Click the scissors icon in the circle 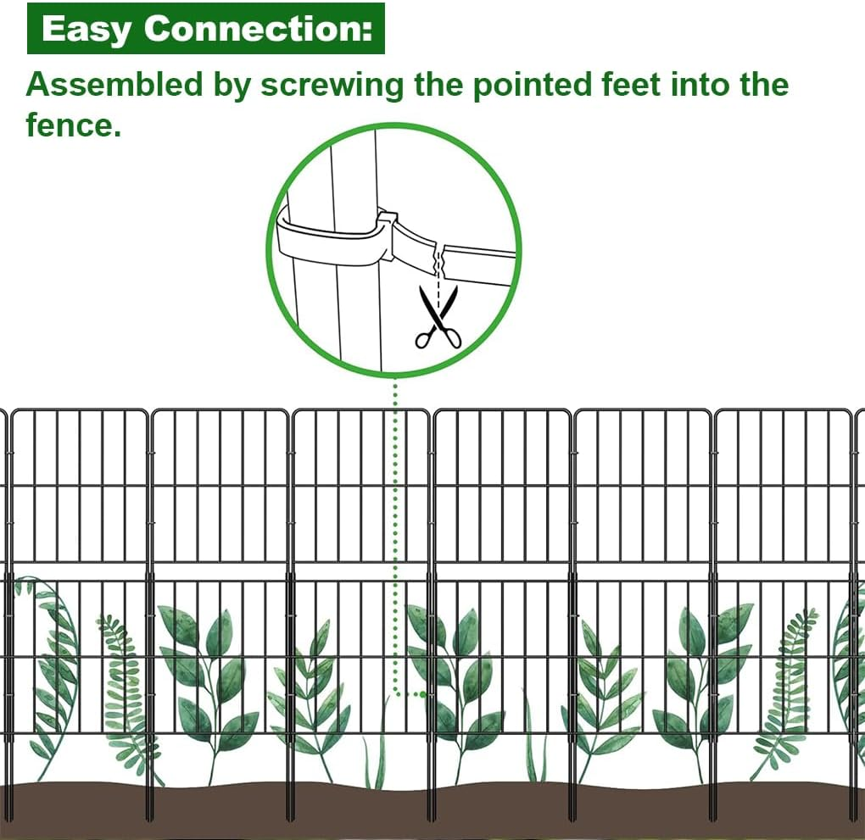(x=438, y=319)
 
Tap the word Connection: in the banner (x=259, y=30)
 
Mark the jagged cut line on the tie (x=438, y=253)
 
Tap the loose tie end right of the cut (x=479, y=259)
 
